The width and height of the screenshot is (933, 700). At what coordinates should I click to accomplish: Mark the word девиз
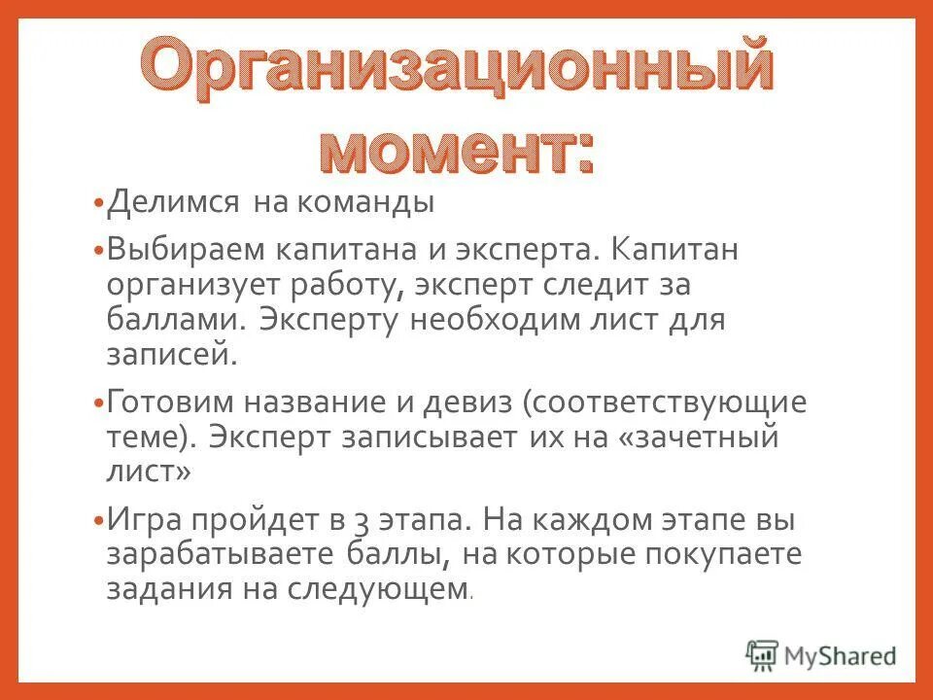(459, 402)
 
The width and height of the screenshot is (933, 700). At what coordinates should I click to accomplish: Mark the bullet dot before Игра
(97, 520)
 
